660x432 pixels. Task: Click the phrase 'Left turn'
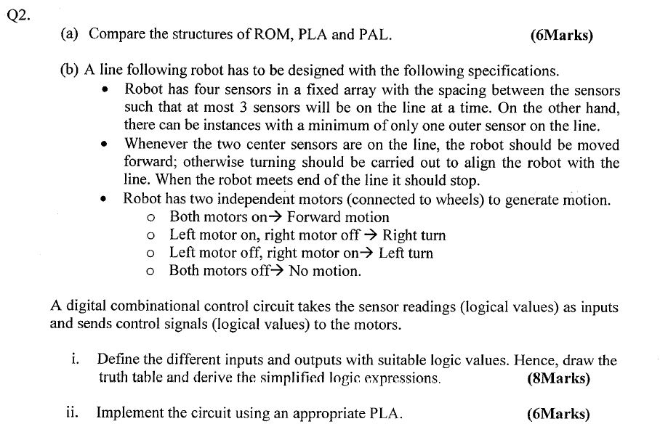(x=406, y=253)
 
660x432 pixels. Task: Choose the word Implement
(x=129, y=414)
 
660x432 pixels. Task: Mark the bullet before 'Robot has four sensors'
(x=106, y=91)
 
